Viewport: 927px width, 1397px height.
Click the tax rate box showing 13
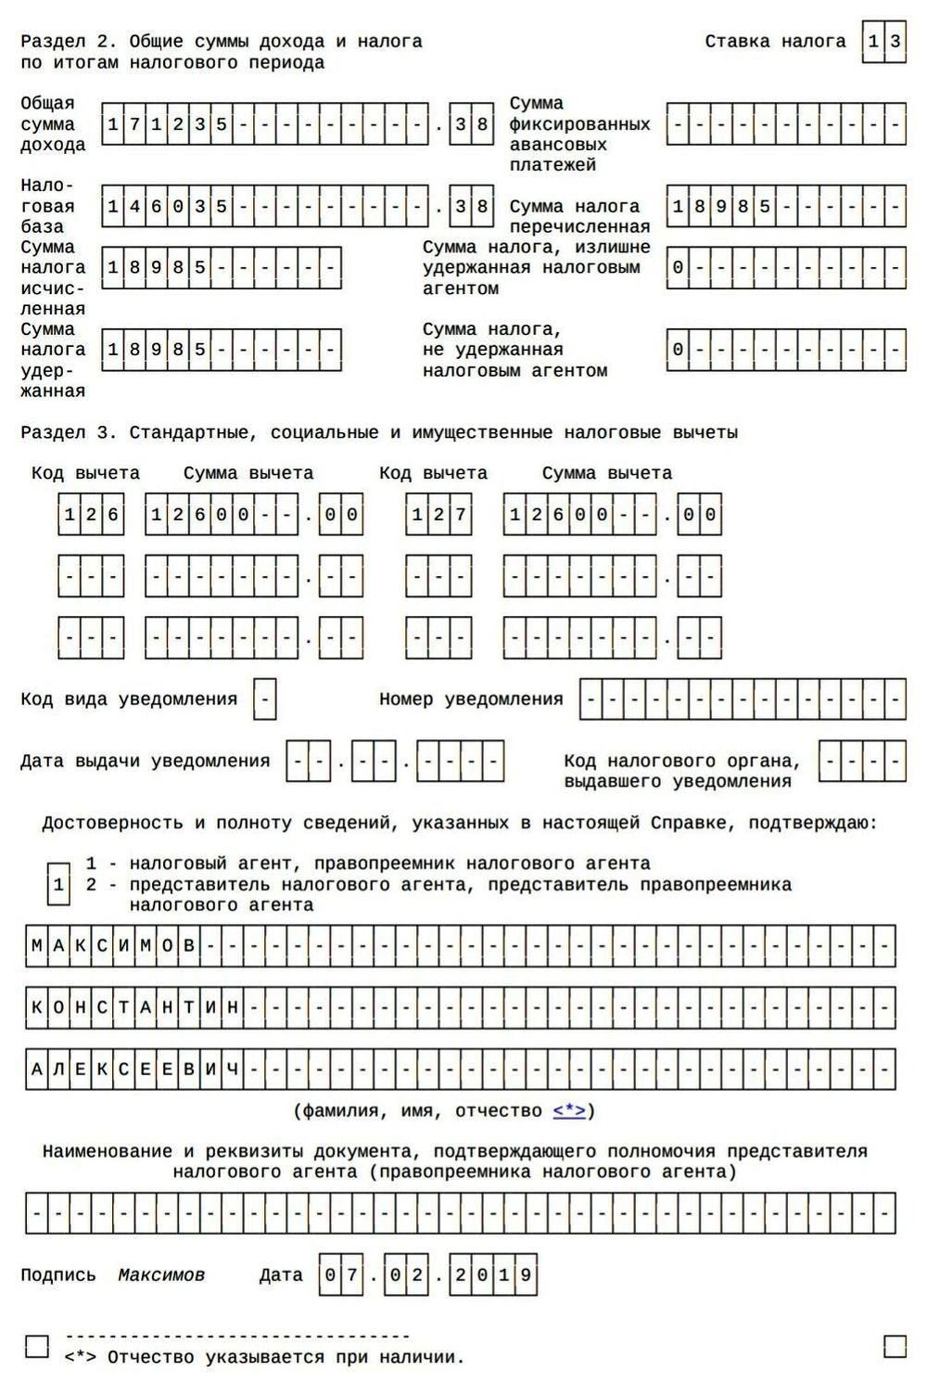pos(883,42)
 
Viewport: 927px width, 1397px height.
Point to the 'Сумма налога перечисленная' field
pos(785,207)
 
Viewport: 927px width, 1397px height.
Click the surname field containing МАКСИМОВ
pos(460,946)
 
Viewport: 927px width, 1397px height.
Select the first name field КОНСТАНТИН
pos(460,1007)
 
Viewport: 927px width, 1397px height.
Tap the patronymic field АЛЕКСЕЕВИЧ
pos(460,1070)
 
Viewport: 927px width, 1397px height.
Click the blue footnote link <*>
pos(570,1111)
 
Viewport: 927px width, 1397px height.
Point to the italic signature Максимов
pos(161,1275)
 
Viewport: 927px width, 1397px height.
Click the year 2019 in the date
pos(492,1275)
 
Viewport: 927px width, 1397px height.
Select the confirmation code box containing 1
pos(58,884)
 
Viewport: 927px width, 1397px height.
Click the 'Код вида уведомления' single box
pos(265,699)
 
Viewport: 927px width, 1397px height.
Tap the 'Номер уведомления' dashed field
pos(743,699)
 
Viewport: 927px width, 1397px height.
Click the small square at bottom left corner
pos(37,1346)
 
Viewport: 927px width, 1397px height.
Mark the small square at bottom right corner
pos(895,1346)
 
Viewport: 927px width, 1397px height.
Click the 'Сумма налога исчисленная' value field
pos(222,268)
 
